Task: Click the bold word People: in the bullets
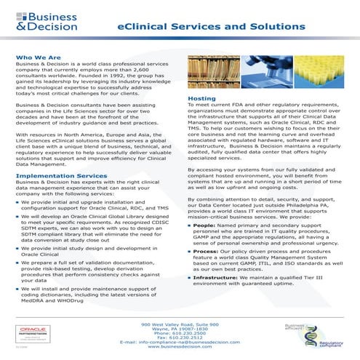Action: click(x=204, y=266)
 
